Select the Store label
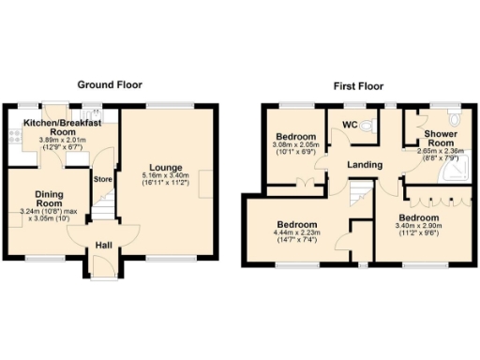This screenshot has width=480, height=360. tap(101, 180)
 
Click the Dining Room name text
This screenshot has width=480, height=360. tap(49, 199)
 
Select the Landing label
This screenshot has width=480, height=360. tap(364, 166)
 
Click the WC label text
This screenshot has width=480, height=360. tap(349, 126)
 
